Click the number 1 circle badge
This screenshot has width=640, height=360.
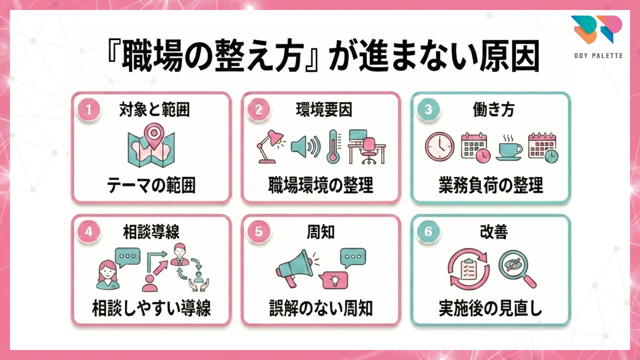coord(88,109)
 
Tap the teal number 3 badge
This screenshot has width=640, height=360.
coord(428,109)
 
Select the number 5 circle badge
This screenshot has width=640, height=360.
coord(258,232)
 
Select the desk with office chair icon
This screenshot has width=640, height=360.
coord(367,147)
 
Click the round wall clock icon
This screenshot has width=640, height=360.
coord(440,147)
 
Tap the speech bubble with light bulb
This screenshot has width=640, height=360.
coord(333,280)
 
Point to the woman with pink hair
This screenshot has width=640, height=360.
coord(107,274)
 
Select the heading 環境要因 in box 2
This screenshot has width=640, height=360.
coord(324,110)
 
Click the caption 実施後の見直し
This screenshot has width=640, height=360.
coord(490,308)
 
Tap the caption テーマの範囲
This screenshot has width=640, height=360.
coord(151,185)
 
